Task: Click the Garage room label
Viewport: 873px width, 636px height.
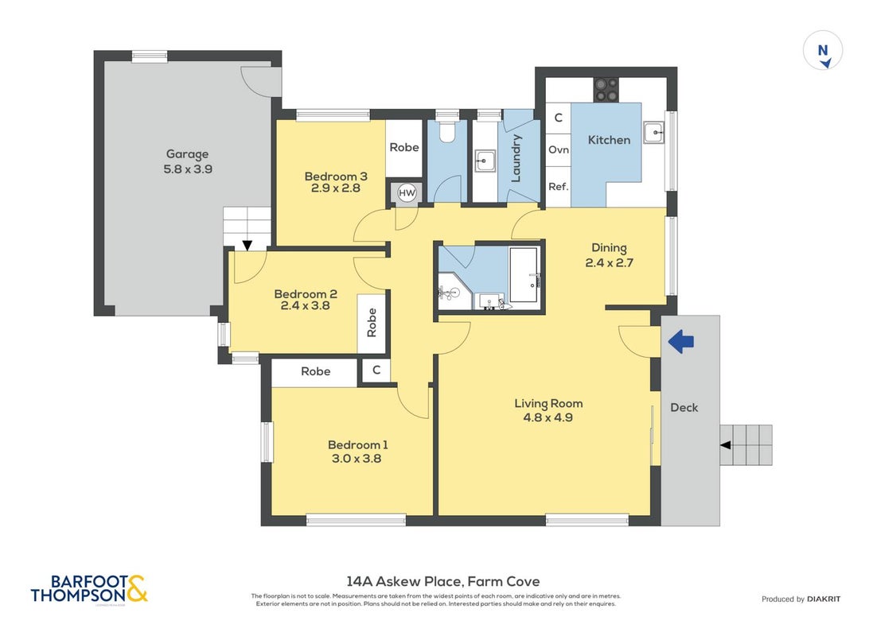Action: click(x=188, y=154)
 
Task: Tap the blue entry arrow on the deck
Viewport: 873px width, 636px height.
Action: click(x=680, y=341)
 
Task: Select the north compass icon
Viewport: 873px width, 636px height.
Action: click(x=823, y=51)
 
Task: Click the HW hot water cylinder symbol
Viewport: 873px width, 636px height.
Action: click(x=407, y=193)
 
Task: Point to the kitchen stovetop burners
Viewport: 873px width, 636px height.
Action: click(x=606, y=90)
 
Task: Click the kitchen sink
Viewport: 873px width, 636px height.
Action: click(x=654, y=133)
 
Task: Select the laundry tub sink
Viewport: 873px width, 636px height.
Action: click(x=485, y=161)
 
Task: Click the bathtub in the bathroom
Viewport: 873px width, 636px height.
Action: click(x=524, y=274)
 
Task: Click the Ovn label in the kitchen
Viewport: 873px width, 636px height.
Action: click(x=559, y=149)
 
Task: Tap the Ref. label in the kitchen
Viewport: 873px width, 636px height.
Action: click(x=559, y=186)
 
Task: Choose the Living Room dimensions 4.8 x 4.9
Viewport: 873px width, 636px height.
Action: click(x=548, y=418)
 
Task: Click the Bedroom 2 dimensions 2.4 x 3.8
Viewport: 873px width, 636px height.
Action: click(x=305, y=305)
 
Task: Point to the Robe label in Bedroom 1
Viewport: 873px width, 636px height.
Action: click(x=316, y=371)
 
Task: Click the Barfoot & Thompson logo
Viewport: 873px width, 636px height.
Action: click(x=90, y=589)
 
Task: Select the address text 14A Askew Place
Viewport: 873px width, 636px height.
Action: click(x=403, y=581)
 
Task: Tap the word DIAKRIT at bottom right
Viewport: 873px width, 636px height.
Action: click(x=824, y=599)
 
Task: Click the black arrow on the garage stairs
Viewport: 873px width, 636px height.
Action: click(x=247, y=245)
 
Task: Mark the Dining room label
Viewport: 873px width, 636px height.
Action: click(x=609, y=248)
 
